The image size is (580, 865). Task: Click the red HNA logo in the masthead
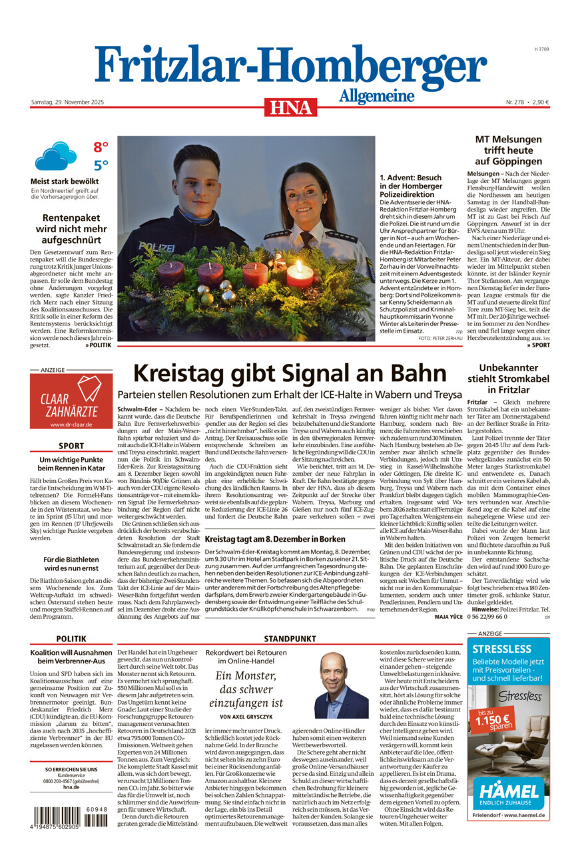290,107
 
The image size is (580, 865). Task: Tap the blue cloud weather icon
56,156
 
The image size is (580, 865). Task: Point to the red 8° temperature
101,147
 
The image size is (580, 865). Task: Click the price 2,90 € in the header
537,102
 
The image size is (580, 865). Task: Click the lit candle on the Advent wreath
299,273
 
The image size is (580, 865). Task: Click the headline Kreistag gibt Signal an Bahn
290,373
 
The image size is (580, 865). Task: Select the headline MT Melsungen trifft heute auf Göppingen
508,150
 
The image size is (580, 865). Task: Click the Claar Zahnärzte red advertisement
71,401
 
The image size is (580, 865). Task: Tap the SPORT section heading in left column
71,446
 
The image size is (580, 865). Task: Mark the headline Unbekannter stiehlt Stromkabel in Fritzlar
508,378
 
